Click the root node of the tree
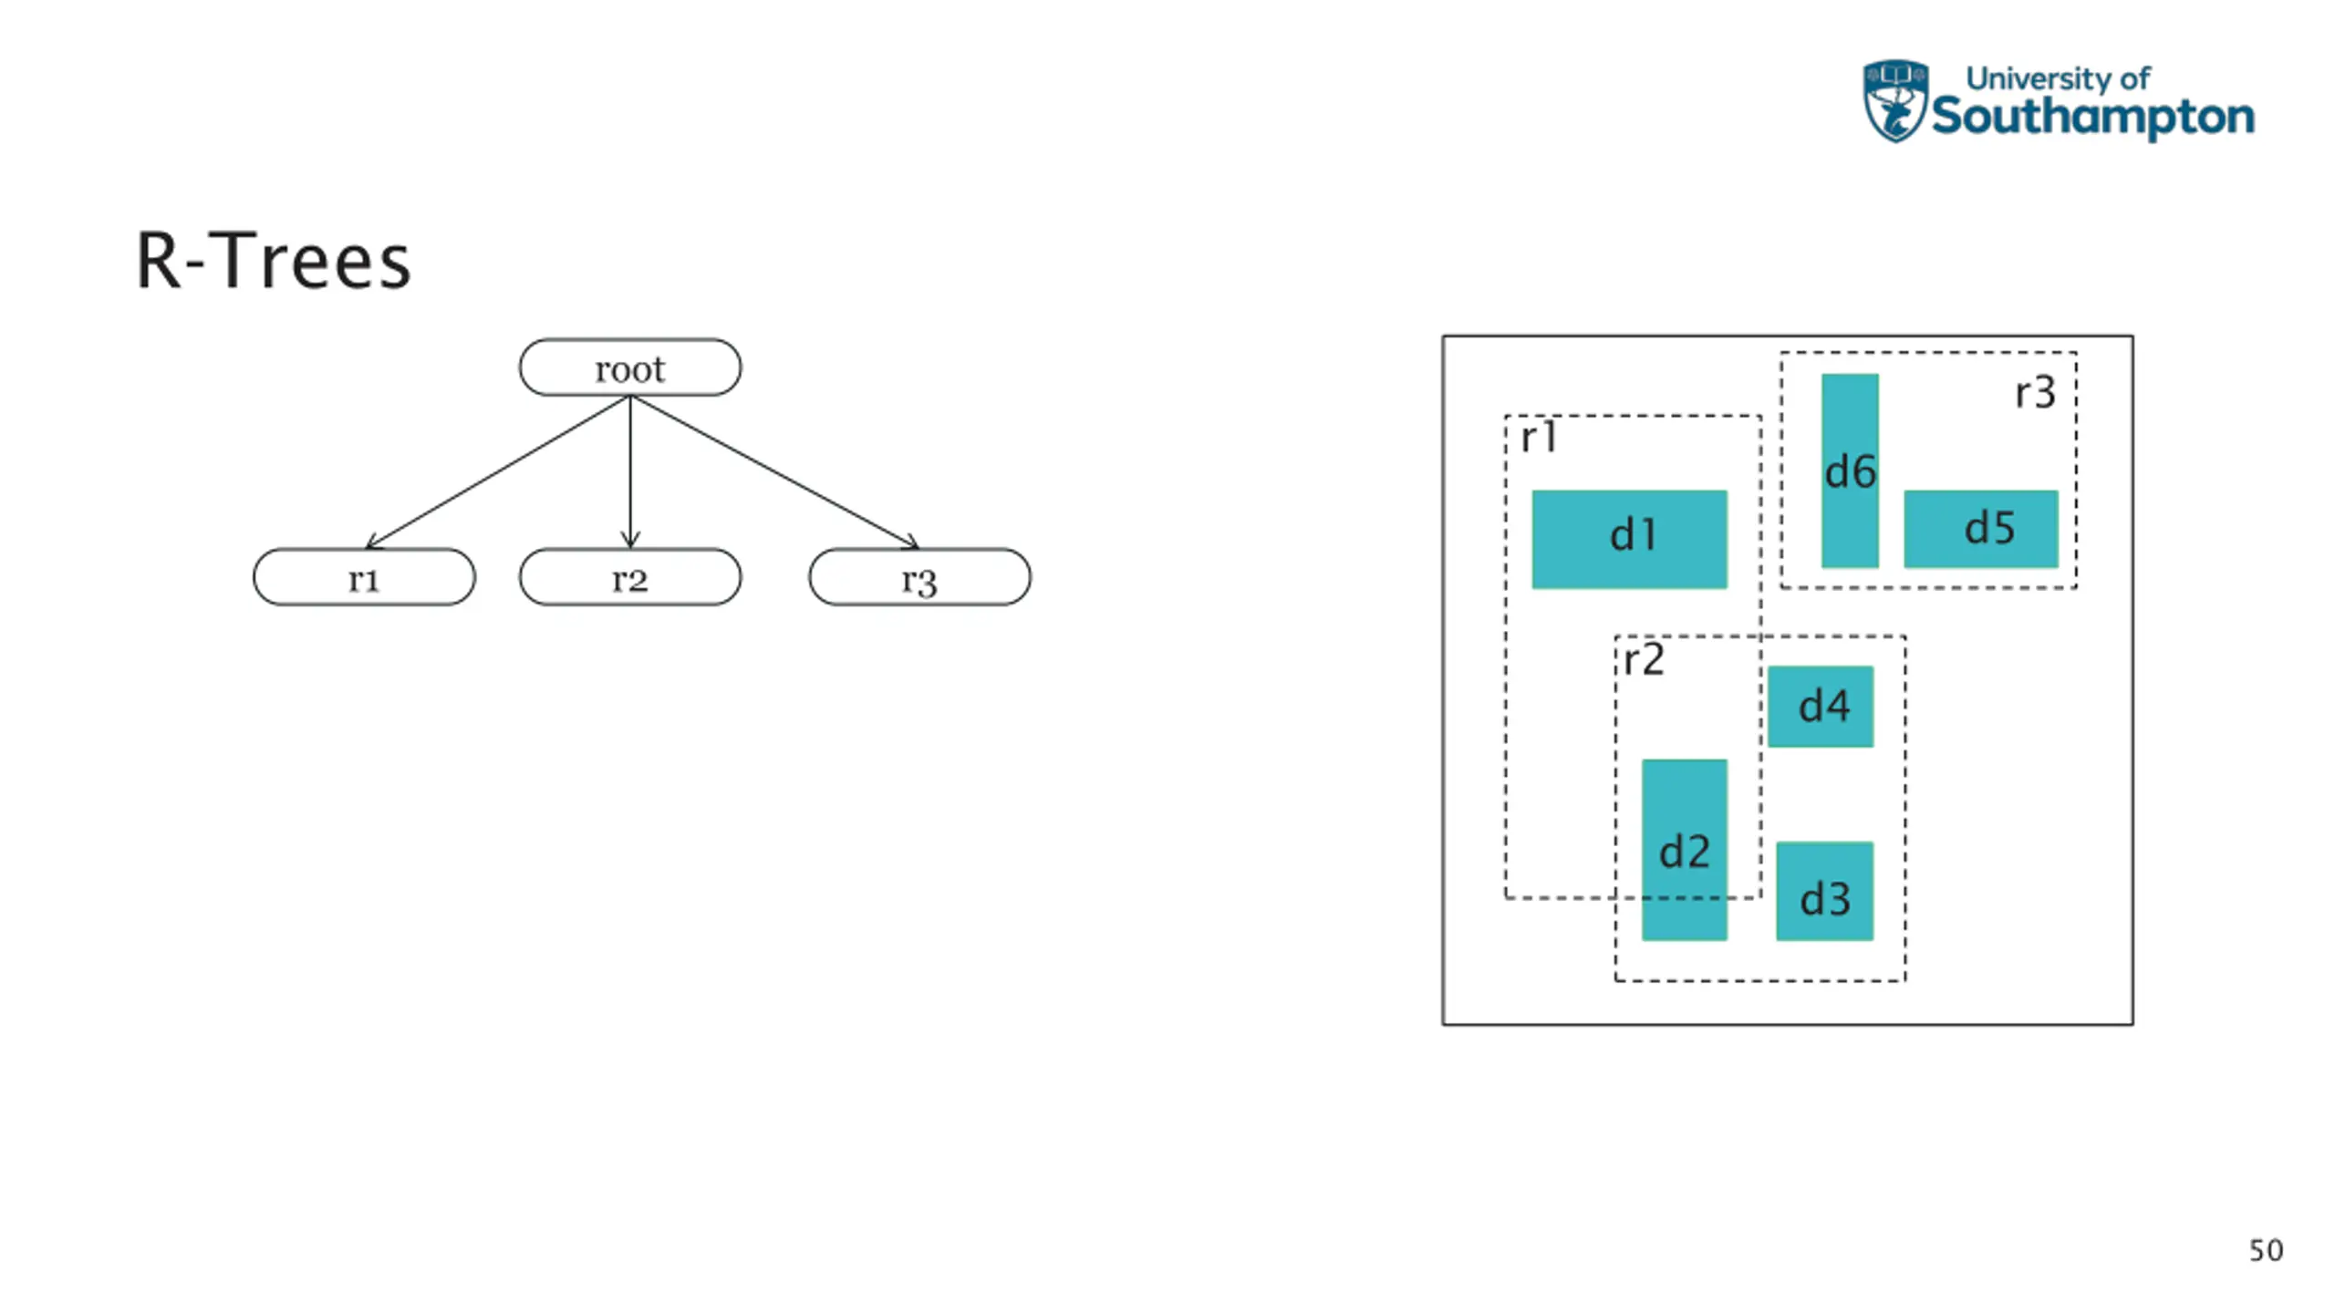[x=629, y=367]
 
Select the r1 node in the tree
[x=364, y=577]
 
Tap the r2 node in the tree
[x=629, y=577]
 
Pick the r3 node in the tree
[x=919, y=577]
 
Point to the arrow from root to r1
[x=497, y=472]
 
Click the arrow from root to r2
[x=630, y=472]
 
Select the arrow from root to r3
[x=775, y=472]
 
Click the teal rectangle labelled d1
[x=1629, y=539]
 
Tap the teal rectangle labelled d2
[x=1684, y=849]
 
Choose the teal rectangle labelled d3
[x=1824, y=891]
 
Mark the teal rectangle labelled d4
[x=1821, y=707]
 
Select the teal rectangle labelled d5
[x=1980, y=529]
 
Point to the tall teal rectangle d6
[x=1850, y=470]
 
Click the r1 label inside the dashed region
[x=1539, y=438]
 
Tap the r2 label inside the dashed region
[x=1644, y=659]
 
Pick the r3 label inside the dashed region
[x=2035, y=393]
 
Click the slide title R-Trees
[x=274, y=262]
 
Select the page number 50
[x=2266, y=1250]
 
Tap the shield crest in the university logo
[x=1894, y=101]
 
